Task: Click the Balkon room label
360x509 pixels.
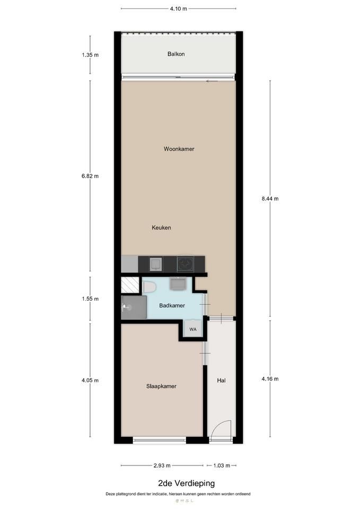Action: click(176, 54)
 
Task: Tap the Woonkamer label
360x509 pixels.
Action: click(179, 149)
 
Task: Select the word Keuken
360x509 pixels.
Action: click(161, 227)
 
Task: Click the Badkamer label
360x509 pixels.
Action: click(172, 305)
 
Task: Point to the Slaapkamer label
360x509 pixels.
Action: click(161, 387)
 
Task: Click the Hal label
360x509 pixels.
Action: click(222, 381)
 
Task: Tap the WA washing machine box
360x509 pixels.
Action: click(193, 329)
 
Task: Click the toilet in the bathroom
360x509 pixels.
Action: click(150, 287)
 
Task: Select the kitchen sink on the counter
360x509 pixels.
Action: click(156, 264)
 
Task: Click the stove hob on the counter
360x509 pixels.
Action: click(186, 264)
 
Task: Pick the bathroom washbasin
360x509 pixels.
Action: click(177, 284)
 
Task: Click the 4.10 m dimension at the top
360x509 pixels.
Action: click(179, 9)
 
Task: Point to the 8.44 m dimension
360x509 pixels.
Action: click(270, 199)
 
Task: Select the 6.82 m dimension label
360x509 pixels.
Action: click(90, 176)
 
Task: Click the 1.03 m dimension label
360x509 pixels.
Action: click(222, 466)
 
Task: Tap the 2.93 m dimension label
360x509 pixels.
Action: click(162, 466)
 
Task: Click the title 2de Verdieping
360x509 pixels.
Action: click(186, 484)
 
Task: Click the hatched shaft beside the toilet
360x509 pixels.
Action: click(130, 285)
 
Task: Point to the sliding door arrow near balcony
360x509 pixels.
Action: click(212, 81)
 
